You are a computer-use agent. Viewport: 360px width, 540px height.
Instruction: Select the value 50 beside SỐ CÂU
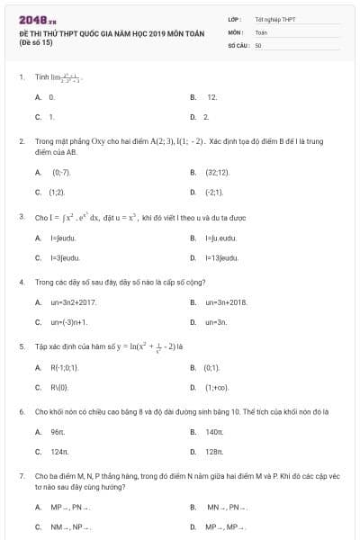tap(258, 44)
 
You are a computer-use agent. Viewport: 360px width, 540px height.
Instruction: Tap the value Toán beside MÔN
tap(261, 31)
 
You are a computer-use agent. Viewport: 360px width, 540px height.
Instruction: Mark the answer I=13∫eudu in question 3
tap(221, 257)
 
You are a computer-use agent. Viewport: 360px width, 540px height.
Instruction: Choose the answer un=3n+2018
tap(226, 301)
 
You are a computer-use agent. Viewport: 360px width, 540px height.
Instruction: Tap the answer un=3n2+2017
tap(74, 301)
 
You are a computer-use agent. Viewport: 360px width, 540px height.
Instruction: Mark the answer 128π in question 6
tap(214, 452)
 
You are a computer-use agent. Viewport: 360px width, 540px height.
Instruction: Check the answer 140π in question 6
tap(214, 431)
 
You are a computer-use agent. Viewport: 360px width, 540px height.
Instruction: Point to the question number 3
tap(21, 217)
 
